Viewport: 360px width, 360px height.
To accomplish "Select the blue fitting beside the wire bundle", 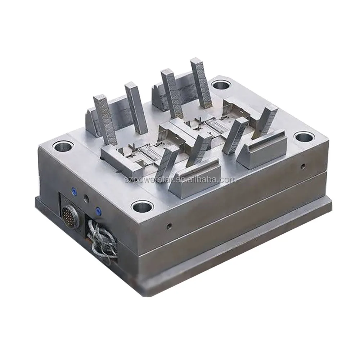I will point(97,210).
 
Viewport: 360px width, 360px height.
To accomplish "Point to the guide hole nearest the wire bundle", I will point(142,206).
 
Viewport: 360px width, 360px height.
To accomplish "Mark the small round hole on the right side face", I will point(303,166).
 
